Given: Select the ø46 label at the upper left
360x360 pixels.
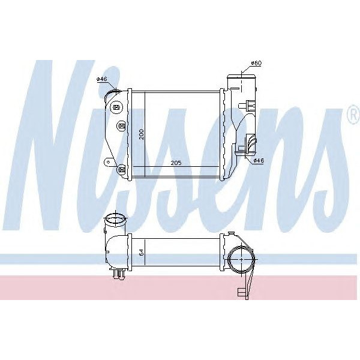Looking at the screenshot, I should point(101,79).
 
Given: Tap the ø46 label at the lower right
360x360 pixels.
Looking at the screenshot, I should point(258,161).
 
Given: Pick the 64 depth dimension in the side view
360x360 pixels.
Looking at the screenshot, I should point(142,253).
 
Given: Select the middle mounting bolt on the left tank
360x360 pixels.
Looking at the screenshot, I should point(122,126).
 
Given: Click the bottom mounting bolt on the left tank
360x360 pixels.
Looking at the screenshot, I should point(122,170).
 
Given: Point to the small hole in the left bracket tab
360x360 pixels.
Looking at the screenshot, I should point(107,161).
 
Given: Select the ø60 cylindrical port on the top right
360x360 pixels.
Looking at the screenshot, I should point(242,84).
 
